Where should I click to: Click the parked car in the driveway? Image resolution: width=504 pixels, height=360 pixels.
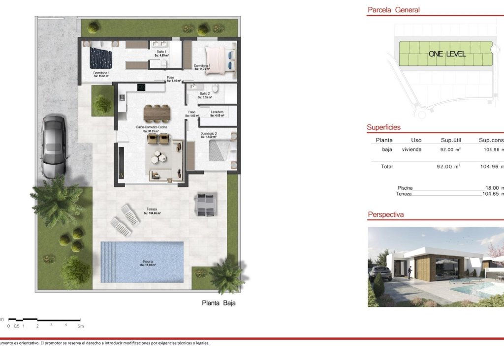pyautogui.click(x=53, y=146)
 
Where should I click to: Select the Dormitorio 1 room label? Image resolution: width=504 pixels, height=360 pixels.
pyautogui.click(x=101, y=74)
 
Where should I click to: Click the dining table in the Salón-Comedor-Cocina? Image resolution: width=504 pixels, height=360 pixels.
pyautogui.click(x=157, y=113)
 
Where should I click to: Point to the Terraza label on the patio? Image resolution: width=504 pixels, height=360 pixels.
pyautogui.click(x=152, y=210)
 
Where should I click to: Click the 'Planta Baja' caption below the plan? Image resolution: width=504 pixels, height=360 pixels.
pyautogui.click(x=219, y=303)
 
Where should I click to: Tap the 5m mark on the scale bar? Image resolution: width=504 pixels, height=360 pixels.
pyautogui.click(x=80, y=326)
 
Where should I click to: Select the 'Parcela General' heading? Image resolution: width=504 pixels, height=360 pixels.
pyautogui.click(x=394, y=10)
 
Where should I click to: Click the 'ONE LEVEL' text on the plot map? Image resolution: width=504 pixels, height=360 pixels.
pyautogui.click(x=447, y=54)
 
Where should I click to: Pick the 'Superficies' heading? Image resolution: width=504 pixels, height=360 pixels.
pyautogui.click(x=383, y=127)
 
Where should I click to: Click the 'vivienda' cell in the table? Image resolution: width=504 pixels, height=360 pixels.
pyautogui.click(x=411, y=150)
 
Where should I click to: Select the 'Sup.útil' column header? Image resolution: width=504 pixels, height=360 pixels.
pyautogui.click(x=451, y=140)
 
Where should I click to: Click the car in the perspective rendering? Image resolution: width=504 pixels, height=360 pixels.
pyautogui.click(x=381, y=272)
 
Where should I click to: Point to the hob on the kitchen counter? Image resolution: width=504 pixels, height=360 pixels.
pyautogui.click(x=141, y=88)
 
